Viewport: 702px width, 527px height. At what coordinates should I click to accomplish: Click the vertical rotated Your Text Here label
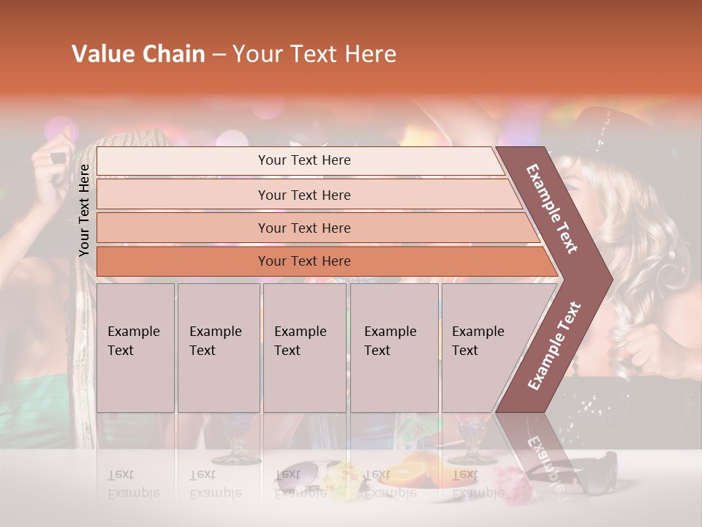[85, 211]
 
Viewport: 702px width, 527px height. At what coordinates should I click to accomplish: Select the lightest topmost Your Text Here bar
[304, 160]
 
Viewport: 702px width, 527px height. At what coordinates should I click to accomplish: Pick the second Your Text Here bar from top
[304, 195]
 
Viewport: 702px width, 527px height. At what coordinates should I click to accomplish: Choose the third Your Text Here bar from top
[304, 228]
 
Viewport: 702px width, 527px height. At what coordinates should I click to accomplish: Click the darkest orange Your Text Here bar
[304, 261]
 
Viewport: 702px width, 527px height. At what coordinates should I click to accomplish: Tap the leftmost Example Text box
[135, 348]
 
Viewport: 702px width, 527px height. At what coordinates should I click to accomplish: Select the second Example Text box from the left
[218, 348]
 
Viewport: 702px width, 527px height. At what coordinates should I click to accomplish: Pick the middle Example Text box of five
[303, 348]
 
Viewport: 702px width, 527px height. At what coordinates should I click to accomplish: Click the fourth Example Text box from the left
[393, 348]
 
